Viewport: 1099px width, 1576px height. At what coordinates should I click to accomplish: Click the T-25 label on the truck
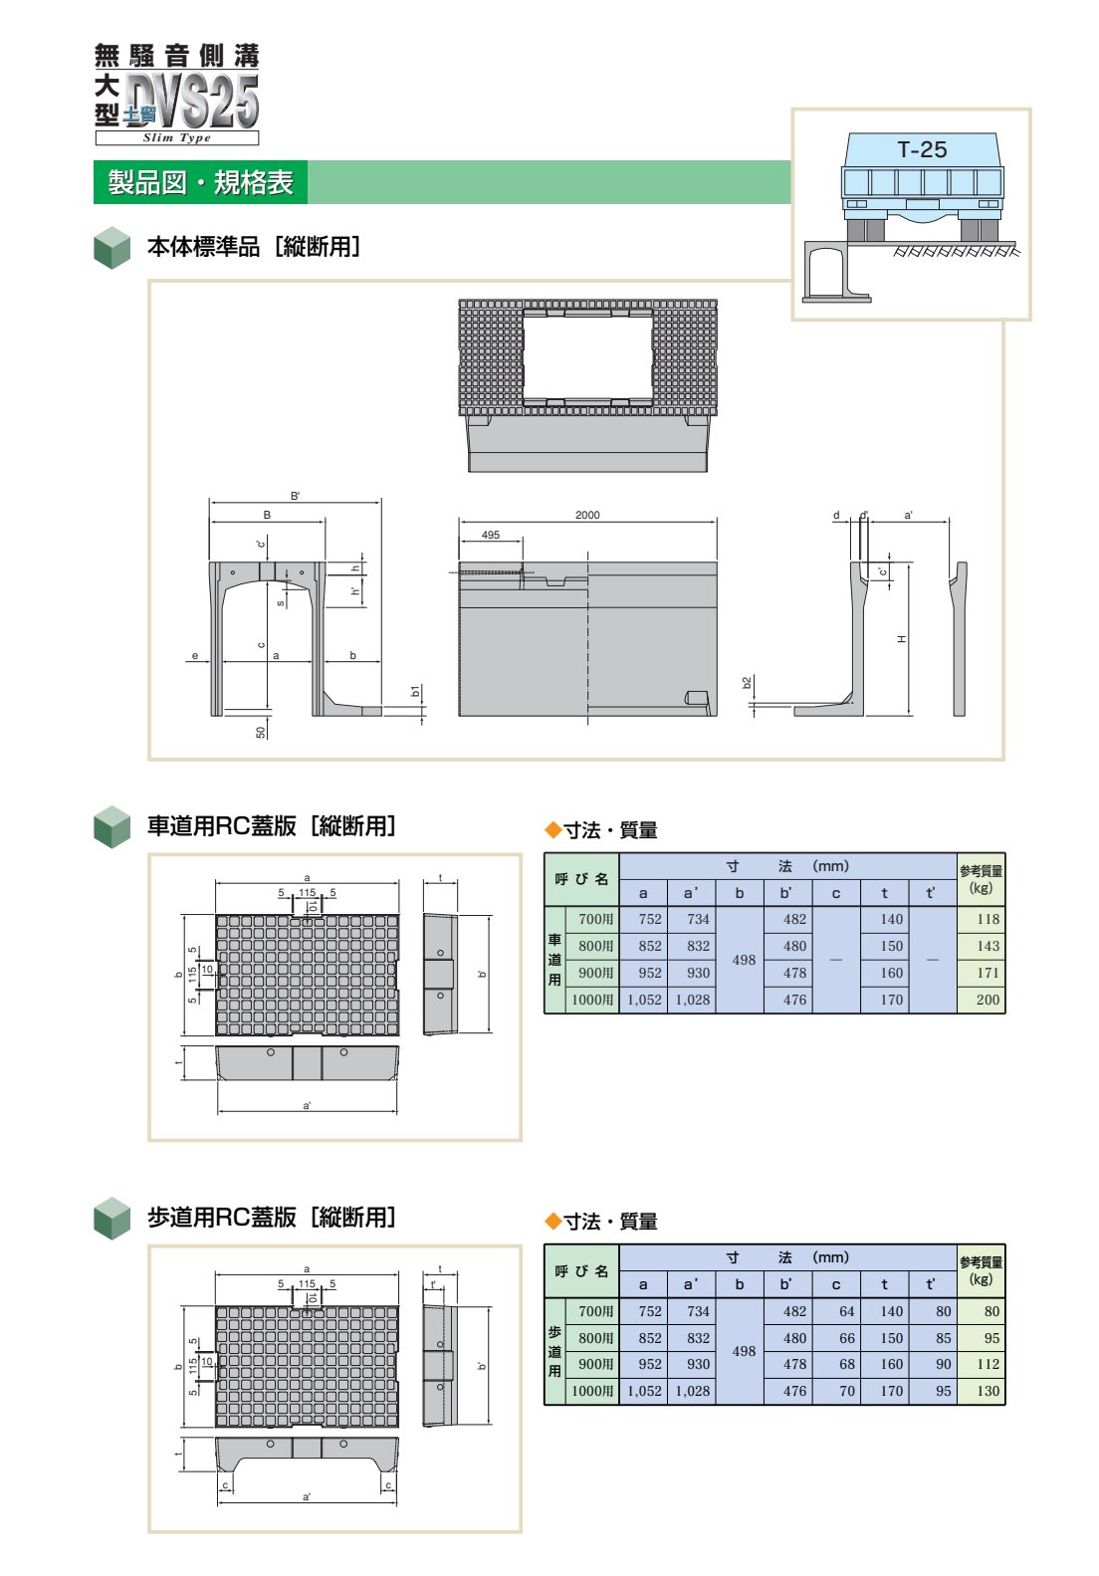coord(922,149)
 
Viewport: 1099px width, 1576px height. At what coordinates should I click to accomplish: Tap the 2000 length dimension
coord(587,515)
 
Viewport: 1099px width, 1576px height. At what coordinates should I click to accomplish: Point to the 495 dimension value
coord(491,534)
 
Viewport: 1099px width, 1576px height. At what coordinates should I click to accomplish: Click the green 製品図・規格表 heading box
coord(200,182)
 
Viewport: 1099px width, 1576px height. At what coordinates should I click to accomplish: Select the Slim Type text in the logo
coord(176,138)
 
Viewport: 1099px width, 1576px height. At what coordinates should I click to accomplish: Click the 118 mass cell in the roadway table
coord(988,919)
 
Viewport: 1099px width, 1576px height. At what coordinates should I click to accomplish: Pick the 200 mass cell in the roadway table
coord(988,1000)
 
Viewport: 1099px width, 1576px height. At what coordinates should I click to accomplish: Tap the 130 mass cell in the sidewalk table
coord(988,1390)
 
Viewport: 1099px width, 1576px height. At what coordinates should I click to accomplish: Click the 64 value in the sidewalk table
coord(846,1311)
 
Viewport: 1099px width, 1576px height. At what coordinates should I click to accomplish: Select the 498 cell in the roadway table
coord(744,960)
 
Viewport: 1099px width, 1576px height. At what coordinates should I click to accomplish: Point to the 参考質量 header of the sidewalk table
coord(981,1262)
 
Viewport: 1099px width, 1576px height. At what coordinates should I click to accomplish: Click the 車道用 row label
coord(554,959)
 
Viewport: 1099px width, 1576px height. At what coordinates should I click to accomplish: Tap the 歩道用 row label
coord(554,1351)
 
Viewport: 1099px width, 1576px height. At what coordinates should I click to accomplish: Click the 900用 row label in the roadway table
coord(595,973)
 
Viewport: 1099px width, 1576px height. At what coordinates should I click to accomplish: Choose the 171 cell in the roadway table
coord(988,973)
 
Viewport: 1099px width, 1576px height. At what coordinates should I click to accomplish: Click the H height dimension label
coord(901,639)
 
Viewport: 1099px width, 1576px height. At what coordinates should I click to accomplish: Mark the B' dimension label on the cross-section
coord(295,496)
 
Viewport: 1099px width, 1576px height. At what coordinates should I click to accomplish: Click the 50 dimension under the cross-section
coord(261,732)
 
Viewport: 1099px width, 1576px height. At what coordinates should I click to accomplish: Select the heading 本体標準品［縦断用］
coord(253,246)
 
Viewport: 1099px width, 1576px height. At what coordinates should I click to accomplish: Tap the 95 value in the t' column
coord(943,1390)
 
